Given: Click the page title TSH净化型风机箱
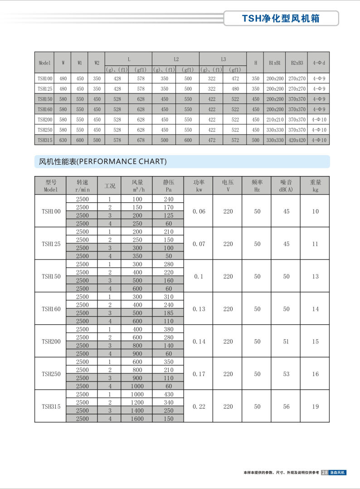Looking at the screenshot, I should coord(281,18).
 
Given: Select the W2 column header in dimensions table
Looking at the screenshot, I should coord(97,63).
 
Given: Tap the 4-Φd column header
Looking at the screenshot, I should coord(319,63).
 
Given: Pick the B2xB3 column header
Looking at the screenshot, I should coord(297,63).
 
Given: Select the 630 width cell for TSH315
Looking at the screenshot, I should coord(63,140).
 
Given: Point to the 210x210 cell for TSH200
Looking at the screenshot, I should coord(275,120).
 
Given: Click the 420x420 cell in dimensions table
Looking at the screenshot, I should coord(297,140).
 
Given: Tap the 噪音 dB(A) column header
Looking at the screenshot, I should coord(286,186).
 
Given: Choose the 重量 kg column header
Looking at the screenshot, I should coord(316,186).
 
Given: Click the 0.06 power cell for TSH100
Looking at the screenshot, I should coord(199,211).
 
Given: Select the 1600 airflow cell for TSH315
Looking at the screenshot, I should coord(137,419).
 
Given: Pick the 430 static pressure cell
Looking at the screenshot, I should coord(168,394).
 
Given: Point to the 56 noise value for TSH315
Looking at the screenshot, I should coord(286,406).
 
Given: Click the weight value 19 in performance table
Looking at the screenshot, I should coord(316,406).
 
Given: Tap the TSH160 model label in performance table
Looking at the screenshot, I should coord(51,309).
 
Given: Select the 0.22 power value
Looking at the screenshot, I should coord(199,406).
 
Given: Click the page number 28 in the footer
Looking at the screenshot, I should coord(325,473).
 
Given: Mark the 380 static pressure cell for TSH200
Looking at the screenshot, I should coord(168,329).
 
